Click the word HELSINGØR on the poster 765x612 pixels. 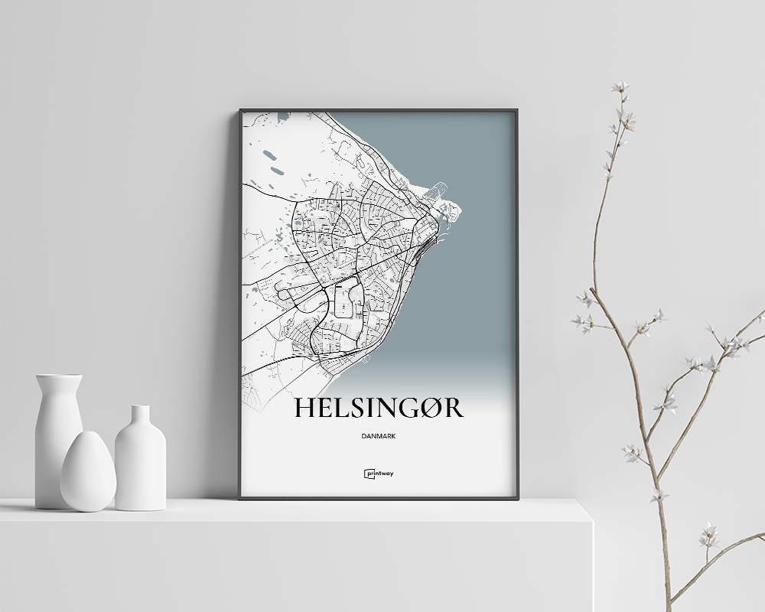pyautogui.click(x=378, y=408)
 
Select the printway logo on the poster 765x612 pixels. pyautogui.click(x=379, y=474)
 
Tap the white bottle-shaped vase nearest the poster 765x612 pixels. pyautogui.click(x=140, y=463)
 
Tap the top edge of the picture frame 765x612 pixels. pyautogui.click(x=379, y=110)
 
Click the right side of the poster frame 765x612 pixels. pyautogui.click(x=518, y=306)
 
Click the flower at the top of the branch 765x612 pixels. pyautogui.click(x=619, y=87)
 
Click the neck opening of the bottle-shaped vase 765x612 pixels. pyautogui.click(x=140, y=408)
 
